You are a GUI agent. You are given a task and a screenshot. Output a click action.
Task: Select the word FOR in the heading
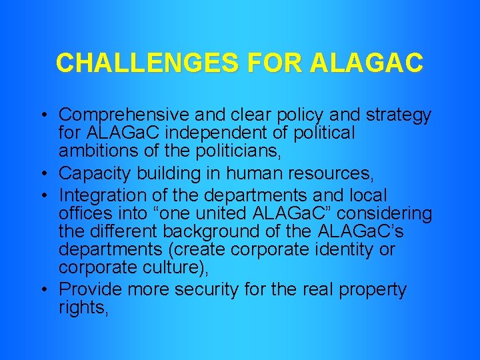[x=273, y=63]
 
